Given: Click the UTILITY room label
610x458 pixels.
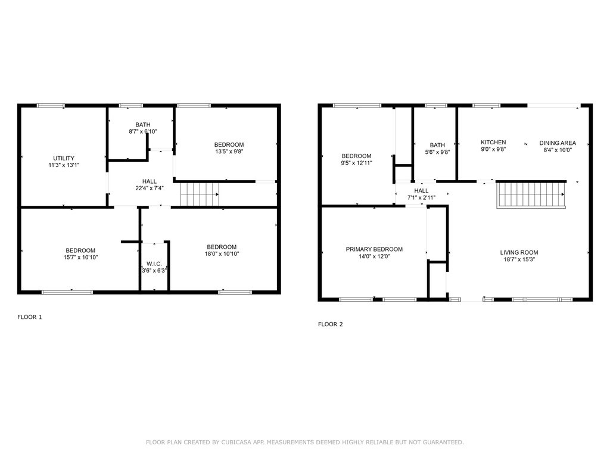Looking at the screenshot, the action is (x=64, y=158).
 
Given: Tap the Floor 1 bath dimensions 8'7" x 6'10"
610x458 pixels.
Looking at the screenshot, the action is (x=143, y=132).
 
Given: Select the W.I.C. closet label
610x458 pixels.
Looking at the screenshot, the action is (x=154, y=264).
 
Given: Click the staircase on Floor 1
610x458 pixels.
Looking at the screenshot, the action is (x=200, y=194).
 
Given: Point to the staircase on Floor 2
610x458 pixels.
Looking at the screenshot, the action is (x=531, y=194).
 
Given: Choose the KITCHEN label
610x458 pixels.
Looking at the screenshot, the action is (x=493, y=142).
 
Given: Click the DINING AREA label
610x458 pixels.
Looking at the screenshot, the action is (x=558, y=143).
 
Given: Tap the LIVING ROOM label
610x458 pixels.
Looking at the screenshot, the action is (x=519, y=252).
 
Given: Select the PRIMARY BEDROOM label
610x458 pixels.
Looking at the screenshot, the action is (x=374, y=249).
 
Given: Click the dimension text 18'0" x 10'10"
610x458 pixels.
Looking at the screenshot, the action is (x=222, y=254).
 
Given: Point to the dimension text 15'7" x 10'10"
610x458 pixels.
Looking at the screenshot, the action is (x=80, y=258).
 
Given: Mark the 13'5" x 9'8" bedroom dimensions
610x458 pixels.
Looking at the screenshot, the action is (x=229, y=151).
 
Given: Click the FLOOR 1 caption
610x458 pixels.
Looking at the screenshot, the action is (x=30, y=317).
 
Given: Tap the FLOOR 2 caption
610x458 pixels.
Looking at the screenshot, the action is (x=330, y=324).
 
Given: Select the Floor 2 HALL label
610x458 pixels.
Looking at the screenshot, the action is (x=421, y=190).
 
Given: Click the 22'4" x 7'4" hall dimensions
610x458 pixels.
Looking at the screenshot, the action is (x=150, y=188).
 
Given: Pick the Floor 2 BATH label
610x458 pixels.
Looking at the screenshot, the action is (x=437, y=145).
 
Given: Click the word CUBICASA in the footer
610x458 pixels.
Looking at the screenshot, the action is (x=236, y=442).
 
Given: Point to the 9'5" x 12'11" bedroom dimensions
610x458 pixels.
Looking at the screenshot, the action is (x=356, y=163).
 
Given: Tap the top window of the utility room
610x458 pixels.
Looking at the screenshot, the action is (x=51, y=106).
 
